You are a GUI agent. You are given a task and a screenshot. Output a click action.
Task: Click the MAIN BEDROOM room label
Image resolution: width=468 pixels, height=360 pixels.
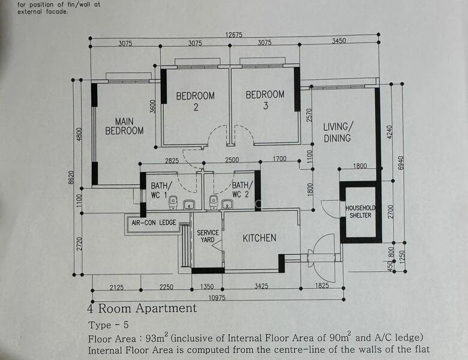pyautogui.click(x=124, y=126)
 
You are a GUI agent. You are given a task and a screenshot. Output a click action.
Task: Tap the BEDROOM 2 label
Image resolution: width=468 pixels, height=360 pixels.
pyautogui.click(x=195, y=101)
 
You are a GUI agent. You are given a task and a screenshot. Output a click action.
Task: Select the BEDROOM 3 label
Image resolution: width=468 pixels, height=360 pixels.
pyautogui.click(x=265, y=100)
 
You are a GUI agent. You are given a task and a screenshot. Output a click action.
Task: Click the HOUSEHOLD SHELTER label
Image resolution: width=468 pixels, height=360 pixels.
pyautogui.click(x=360, y=212)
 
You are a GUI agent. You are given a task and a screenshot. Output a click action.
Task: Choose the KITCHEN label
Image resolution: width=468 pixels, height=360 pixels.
pyautogui.click(x=259, y=238)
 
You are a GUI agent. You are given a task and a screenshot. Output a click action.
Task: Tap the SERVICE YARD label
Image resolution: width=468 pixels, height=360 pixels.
pyautogui.click(x=208, y=236)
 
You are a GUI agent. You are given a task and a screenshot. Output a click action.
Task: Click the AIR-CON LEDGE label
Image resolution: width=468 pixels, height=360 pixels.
pyautogui.click(x=154, y=223)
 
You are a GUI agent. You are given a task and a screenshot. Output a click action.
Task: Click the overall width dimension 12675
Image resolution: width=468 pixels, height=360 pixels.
pyautogui.click(x=234, y=35)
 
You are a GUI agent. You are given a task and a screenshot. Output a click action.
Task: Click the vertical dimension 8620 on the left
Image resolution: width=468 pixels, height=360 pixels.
pyautogui.click(x=71, y=177)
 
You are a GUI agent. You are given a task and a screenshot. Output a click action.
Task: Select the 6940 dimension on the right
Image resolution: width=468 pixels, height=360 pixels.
pyautogui.click(x=401, y=163)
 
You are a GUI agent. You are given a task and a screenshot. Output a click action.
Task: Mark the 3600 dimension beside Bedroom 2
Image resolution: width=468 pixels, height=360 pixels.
pyautogui.click(x=154, y=107)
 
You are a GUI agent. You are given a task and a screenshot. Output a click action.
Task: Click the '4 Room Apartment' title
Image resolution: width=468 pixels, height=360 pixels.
pyautogui.click(x=142, y=309)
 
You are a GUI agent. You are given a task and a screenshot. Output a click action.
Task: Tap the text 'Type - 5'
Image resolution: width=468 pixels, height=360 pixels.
pyautogui.click(x=108, y=326)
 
